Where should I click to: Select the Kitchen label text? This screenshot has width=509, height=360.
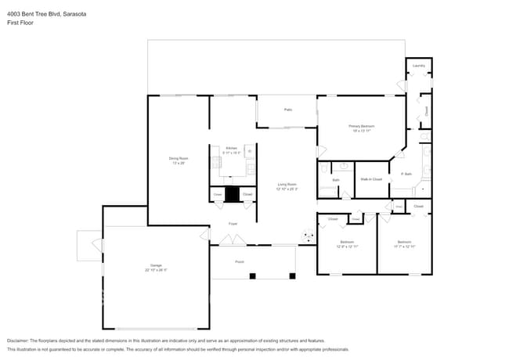coord(232,148)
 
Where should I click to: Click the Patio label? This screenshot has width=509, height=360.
coord(287,110)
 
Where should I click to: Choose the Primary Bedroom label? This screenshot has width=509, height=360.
coord(362,126)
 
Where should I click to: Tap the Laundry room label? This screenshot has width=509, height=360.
coord(419,66)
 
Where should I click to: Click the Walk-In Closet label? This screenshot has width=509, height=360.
coord(370,179)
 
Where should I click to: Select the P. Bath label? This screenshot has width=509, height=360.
coord(406,174)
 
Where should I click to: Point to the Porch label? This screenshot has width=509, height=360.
coord(240,261)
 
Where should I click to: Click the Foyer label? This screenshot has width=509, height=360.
coord(233,224)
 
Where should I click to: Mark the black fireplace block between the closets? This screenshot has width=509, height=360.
coord(232,194)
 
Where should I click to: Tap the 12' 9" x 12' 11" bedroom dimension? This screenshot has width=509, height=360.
coord(347,247)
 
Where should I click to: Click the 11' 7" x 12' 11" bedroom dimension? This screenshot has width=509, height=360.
coord(404,247)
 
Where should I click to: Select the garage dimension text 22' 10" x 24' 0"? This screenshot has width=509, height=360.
coord(155,270)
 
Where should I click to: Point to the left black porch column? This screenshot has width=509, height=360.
coord(252,275)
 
